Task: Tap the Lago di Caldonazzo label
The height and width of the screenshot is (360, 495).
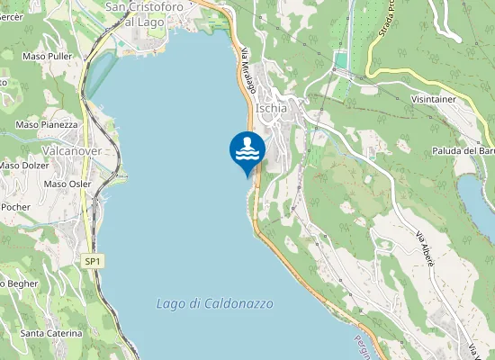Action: point(214,303)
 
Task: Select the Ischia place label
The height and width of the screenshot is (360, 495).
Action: point(271,108)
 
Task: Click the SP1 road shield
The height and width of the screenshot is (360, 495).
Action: point(92,261)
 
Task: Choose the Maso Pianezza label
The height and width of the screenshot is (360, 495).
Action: point(47,124)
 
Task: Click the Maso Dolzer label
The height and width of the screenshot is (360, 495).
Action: point(23,166)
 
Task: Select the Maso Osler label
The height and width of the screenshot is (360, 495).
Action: point(67,184)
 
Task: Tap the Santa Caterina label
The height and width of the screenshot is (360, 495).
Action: point(50,333)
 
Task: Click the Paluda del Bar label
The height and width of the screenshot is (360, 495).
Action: point(463,151)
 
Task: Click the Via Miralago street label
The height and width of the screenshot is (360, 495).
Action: point(248,69)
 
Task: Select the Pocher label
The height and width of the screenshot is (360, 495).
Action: point(15,207)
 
